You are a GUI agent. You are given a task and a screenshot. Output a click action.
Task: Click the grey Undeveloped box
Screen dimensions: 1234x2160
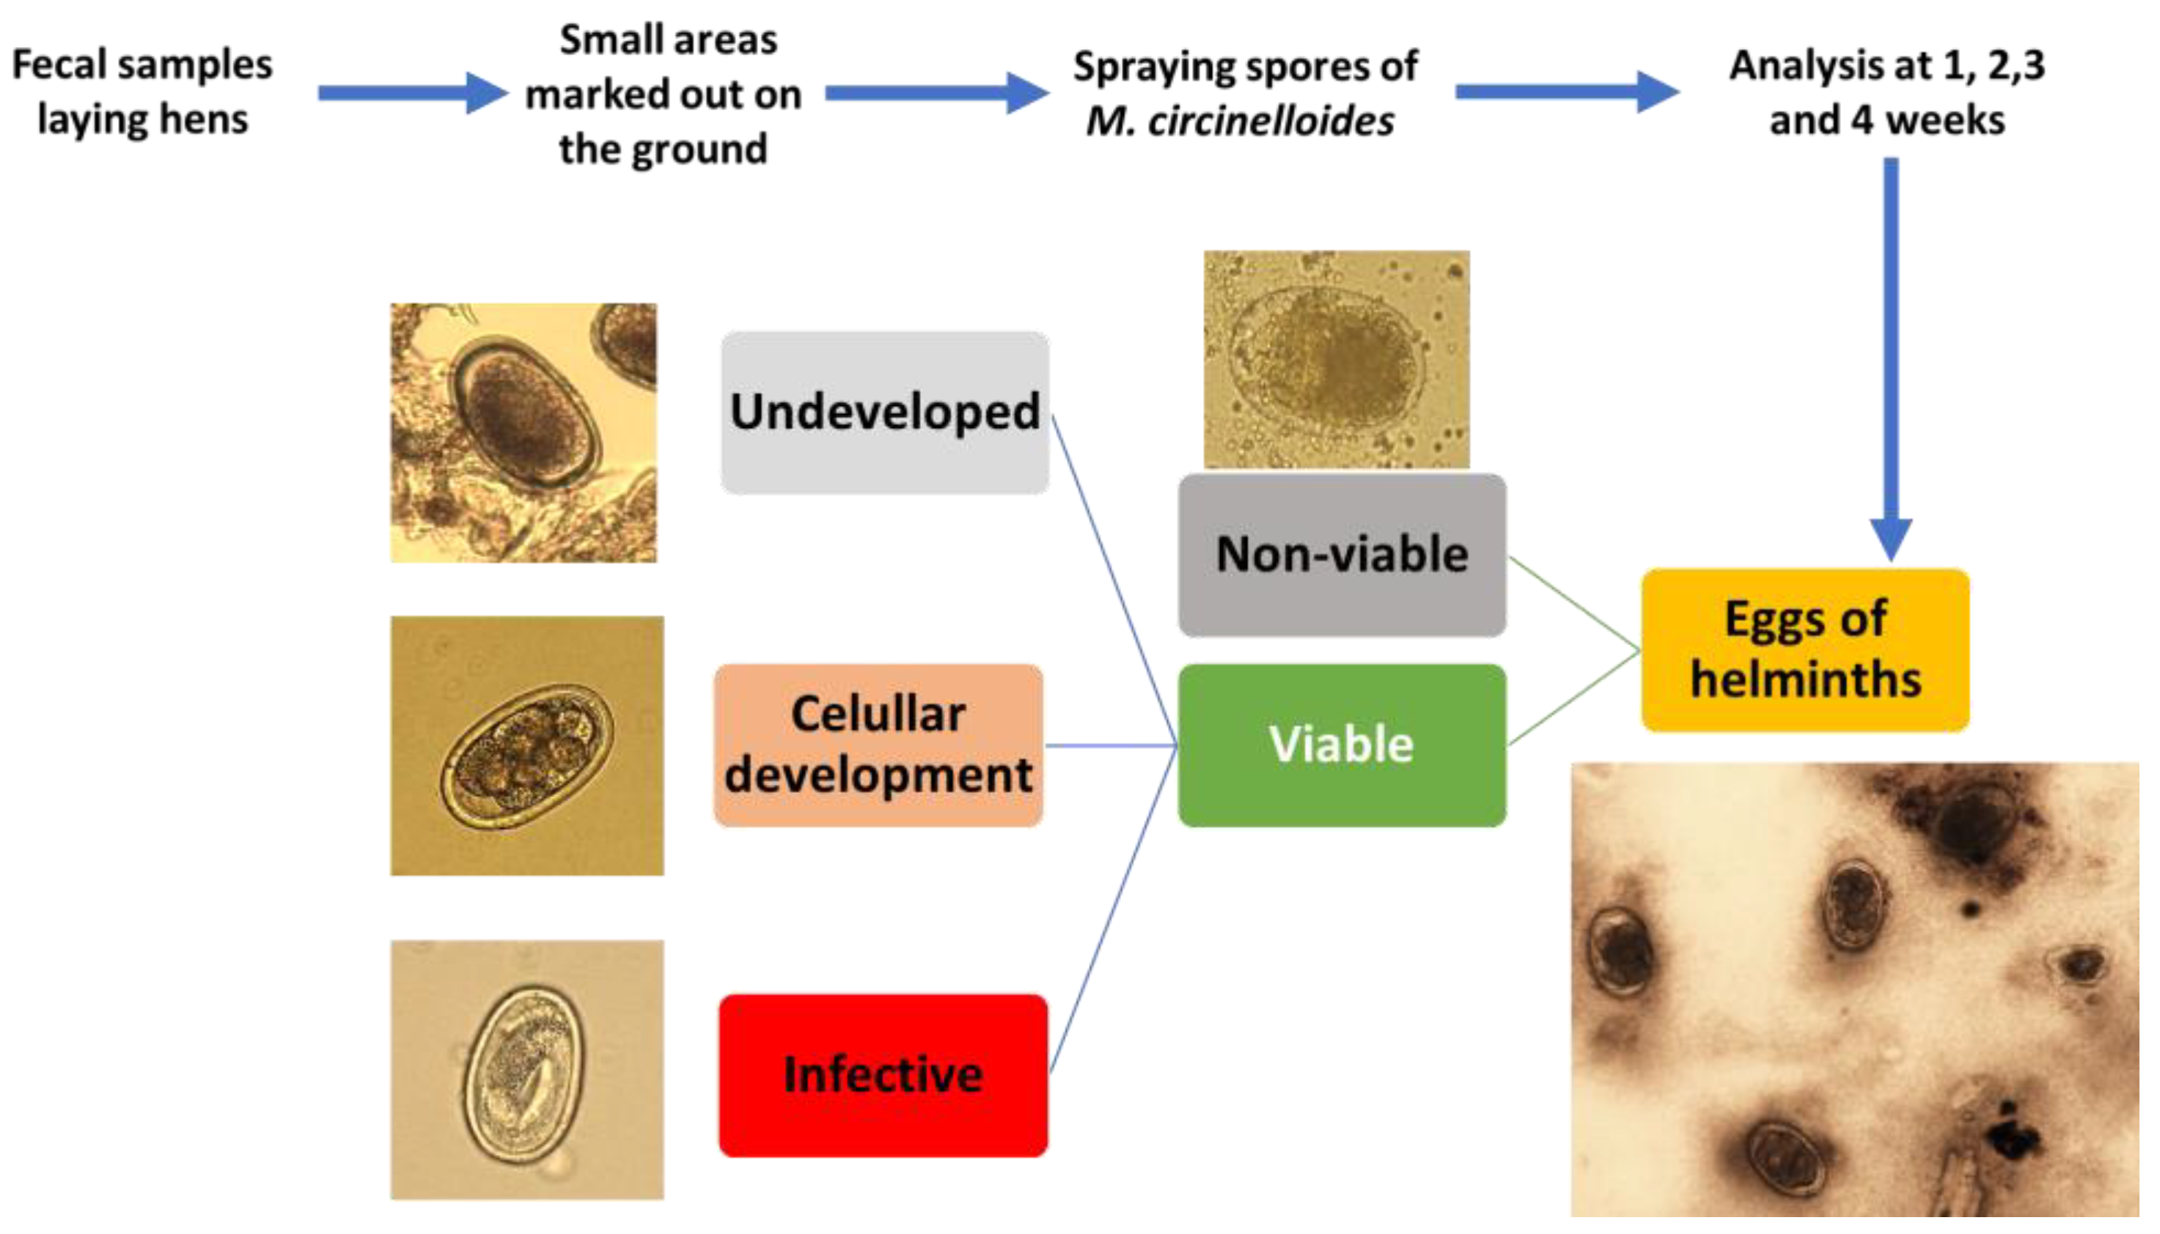click(885, 413)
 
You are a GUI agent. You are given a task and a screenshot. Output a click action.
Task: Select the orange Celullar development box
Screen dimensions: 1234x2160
click(878, 745)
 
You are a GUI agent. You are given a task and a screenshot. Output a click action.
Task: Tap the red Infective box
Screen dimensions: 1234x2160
click(884, 1075)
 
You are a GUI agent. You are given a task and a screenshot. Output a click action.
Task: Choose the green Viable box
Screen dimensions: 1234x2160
click(1342, 745)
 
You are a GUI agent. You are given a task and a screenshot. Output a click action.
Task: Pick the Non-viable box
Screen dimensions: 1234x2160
click(1342, 555)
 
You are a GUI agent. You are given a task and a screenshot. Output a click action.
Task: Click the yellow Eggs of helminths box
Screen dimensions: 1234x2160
click(1806, 650)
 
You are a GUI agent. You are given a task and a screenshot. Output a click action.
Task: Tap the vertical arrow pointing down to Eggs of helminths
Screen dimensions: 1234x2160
click(1891, 356)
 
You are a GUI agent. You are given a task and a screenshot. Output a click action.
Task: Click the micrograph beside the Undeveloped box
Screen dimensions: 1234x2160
click(523, 432)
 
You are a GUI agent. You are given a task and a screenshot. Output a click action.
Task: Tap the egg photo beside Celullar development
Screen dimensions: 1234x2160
click(526, 746)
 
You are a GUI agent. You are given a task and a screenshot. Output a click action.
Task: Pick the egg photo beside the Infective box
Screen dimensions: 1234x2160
click(526, 1070)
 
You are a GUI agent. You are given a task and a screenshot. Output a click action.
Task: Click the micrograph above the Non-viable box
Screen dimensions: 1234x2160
click(1337, 359)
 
